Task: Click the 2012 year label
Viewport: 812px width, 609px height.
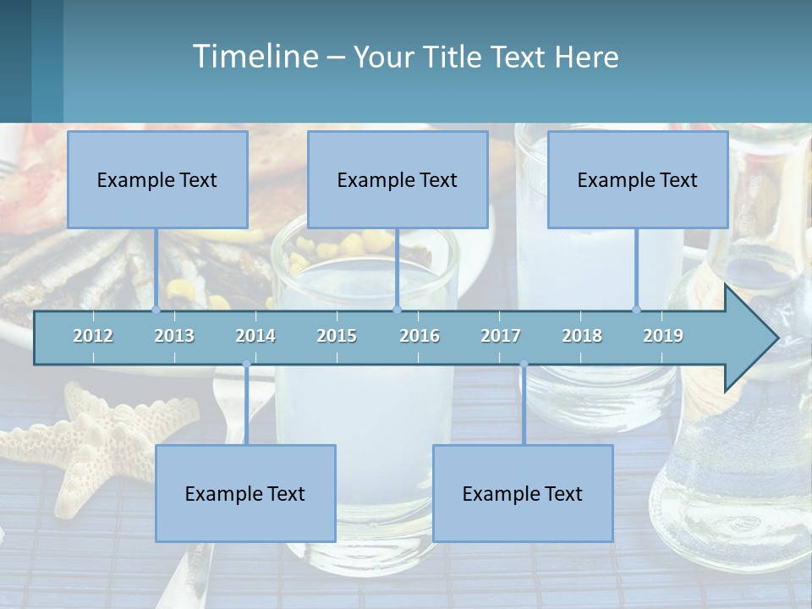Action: [x=93, y=336]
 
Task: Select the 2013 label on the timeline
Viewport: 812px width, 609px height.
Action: [x=174, y=336]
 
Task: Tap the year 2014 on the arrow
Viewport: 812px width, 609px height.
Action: [x=255, y=336]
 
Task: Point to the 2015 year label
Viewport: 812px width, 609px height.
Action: [x=337, y=336]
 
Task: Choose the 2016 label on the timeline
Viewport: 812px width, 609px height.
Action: [x=420, y=336]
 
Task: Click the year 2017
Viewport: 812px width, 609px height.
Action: [x=501, y=336]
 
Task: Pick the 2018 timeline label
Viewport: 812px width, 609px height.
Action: [x=582, y=336]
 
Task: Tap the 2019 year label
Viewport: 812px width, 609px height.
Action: [x=663, y=336]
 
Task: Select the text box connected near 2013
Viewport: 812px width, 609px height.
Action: [x=157, y=179]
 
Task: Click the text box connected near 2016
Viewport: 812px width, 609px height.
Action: [x=398, y=179]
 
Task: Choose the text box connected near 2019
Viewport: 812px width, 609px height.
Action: [x=638, y=179]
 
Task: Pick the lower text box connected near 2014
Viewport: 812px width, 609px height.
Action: [x=245, y=493]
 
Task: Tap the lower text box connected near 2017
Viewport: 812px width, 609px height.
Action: [x=523, y=493]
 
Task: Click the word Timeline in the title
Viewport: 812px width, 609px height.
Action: [x=254, y=57]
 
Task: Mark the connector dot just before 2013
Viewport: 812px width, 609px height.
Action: [x=156, y=310]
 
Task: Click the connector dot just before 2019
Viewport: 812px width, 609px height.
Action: [x=637, y=310]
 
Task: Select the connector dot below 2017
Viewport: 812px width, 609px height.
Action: [x=524, y=365]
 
